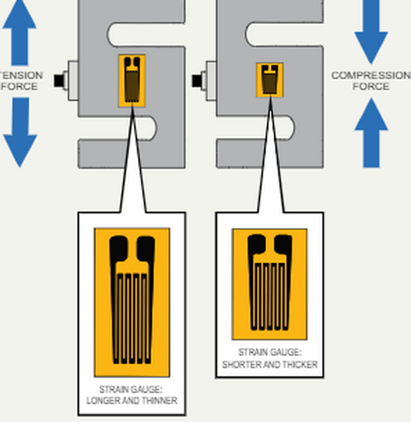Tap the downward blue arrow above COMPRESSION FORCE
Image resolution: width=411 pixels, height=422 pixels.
[x=371, y=32]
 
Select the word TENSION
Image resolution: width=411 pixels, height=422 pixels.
[x=21, y=75]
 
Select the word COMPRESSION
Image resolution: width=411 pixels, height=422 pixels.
[x=371, y=75]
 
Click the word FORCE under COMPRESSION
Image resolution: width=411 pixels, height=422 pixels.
[x=371, y=87]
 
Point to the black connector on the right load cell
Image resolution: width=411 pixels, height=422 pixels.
[x=197, y=79]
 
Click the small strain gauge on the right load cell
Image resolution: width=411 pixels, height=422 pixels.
[x=269, y=79]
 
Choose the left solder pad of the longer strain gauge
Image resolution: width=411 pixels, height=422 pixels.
[x=118, y=250]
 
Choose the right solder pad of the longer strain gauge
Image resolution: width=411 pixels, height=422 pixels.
[x=146, y=250]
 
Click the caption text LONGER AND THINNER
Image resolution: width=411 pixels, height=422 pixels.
[x=132, y=401]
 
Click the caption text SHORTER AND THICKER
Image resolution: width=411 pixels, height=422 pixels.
[x=270, y=365]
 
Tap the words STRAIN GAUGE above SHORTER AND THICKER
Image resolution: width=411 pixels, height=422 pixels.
[x=270, y=352]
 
